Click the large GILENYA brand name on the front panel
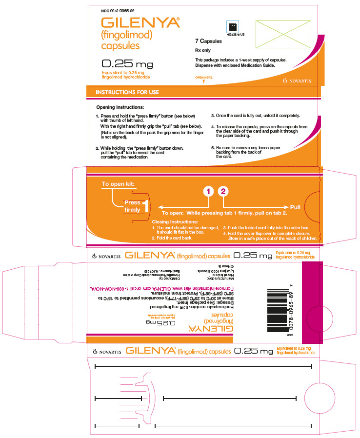140,23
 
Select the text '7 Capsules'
208,41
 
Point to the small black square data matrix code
233,27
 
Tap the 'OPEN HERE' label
204,78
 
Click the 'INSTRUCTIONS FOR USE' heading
127,92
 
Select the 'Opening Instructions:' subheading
120,107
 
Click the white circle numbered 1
209,192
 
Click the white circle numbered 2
223,192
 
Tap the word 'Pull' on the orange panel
295,207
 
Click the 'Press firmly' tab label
132,206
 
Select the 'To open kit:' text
119,184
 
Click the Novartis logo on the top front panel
297,80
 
